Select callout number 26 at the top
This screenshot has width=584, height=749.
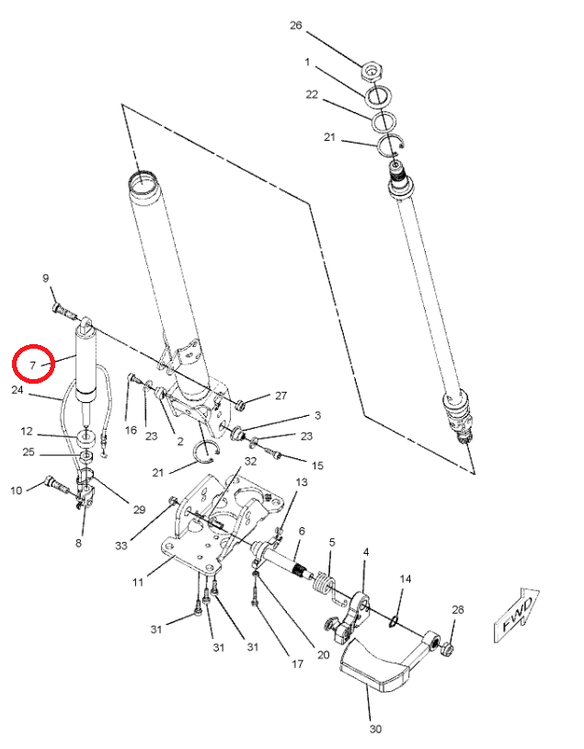(296, 26)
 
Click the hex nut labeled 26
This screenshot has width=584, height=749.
(372, 70)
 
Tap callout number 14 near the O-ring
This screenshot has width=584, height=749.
(405, 579)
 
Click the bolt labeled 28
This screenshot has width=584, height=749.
(447, 650)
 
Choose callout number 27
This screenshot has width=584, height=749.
(281, 396)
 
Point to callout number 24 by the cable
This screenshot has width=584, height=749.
(17, 389)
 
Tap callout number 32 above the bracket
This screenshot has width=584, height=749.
(250, 461)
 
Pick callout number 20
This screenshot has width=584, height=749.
(322, 654)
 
